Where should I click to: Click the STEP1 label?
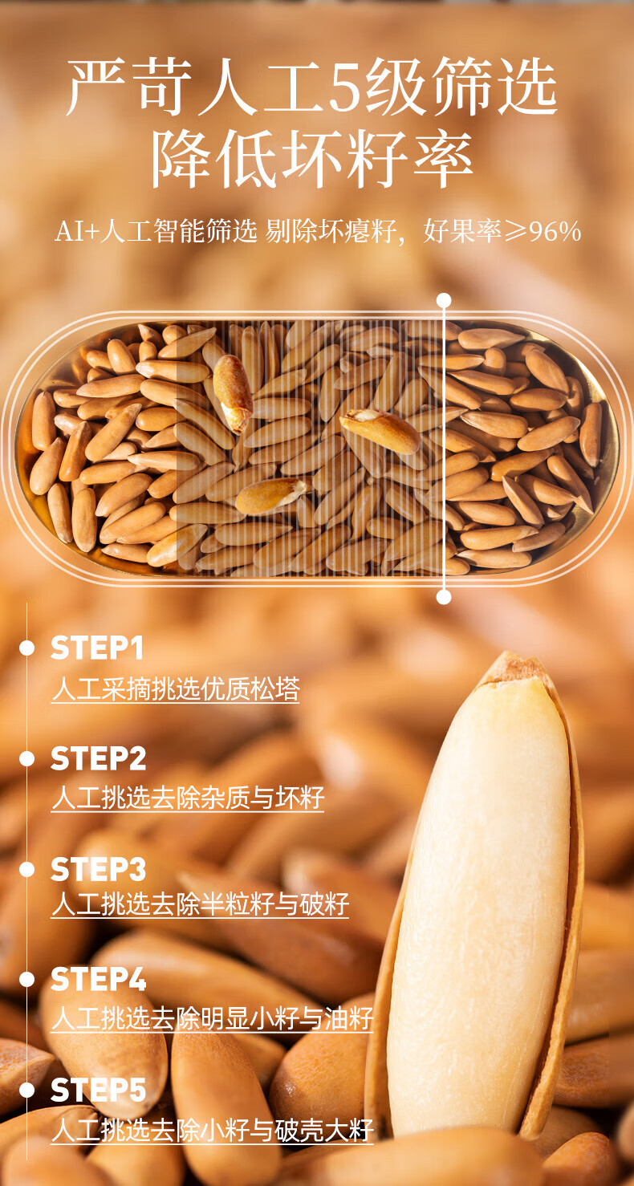[x=97, y=648]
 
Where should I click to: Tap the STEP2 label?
[x=98, y=759]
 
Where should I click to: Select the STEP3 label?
[x=98, y=869]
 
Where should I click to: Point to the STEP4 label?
[x=98, y=980]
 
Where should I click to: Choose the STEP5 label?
[x=98, y=1091]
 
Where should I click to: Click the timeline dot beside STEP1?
[x=26, y=648]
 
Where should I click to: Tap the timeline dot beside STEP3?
[x=26, y=869]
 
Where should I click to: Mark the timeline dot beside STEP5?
[x=26, y=1091]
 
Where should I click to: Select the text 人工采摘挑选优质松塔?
[x=176, y=689]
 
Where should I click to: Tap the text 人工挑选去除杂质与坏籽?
[x=188, y=798]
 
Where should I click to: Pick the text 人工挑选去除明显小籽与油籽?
[x=213, y=1018]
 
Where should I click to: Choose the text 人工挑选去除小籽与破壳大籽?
[x=213, y=1130]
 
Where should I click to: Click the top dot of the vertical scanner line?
[x=444, y=301]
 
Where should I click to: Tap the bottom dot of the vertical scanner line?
[x=444, y=597]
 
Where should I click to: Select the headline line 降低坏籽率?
[x=312, y=159]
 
